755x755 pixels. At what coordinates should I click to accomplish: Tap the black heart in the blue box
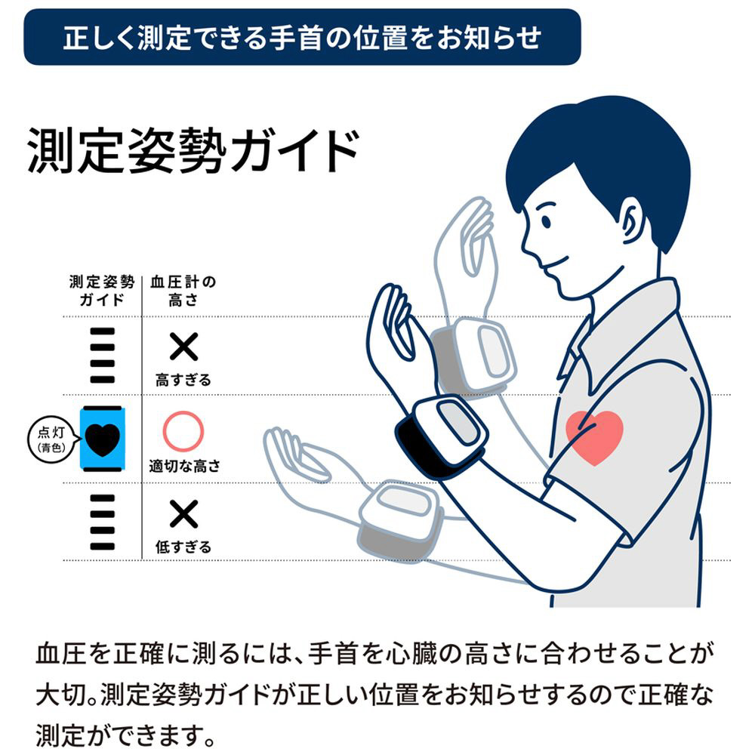pyautogui.click(x=102, y=439)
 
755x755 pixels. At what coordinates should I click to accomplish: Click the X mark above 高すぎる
pyautogui.click(x=183, y=347)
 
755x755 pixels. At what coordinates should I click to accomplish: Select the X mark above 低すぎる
pyautogui.click(x=183, y=513)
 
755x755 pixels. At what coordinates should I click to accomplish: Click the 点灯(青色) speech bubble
pyautogui.click(x=53, y=439)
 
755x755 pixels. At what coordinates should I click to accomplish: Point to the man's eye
pyautogui.click(x=546, y=222)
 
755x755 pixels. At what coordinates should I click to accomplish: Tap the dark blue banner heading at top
pyautogui.click(x=302, y=37)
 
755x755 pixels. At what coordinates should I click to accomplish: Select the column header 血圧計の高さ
pyautogui.click(x=183, y=291)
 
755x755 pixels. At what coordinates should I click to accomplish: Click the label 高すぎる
pyautogui.click(x=183, y=381)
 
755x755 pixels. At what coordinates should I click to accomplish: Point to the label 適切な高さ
pyautogui.click(x=184, y=466)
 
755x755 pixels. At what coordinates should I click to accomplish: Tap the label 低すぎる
pyautogui.click(x=183, y=547)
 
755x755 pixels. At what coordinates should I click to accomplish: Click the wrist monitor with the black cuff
pyautogui.click(x=441, y=436)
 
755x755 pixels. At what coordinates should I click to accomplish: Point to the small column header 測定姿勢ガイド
pyautogui.click(x=102, y=291)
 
